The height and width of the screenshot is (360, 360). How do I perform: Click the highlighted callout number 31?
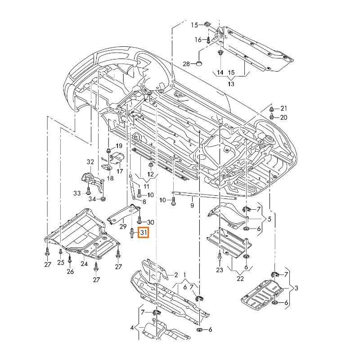144,233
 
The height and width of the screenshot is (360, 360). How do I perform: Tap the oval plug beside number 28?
199,63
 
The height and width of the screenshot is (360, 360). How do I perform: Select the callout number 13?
231,84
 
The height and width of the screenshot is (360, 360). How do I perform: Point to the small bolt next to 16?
209,40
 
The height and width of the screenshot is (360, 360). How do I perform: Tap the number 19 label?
119,146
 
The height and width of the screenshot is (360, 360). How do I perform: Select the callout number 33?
77,193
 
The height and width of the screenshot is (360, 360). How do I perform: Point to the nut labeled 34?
103,198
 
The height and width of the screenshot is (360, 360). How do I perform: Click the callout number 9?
192,206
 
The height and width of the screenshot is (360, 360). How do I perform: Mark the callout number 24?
84,264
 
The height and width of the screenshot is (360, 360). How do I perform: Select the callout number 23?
219,270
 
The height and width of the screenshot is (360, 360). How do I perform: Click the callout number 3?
297,287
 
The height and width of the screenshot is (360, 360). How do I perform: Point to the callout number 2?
176,274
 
